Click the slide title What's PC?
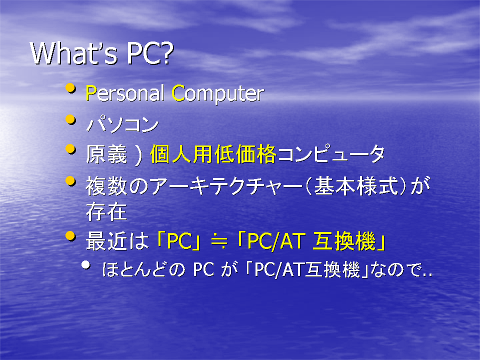[x=102, y=53]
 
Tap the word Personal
[x=125, y=93]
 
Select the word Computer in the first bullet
[x=217, y=94]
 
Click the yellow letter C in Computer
[x=178, y=93]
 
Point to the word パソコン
[x=122, y=124]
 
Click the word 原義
[x=106, y=154]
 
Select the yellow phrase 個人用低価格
[x=213, y=154]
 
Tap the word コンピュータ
[x=331, y=154]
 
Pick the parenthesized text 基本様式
[x=356, y=186]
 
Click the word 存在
[x=106, y=211]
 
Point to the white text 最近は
[x=117, y=241]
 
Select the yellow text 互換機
[x=344, y=241]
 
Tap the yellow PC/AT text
[x=276, y=241]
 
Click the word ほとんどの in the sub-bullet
[x=143, y=269]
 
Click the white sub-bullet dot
[x=86, y=265]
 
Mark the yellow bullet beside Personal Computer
[x=70, y=88]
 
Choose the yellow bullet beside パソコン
[x=70, y=119]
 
